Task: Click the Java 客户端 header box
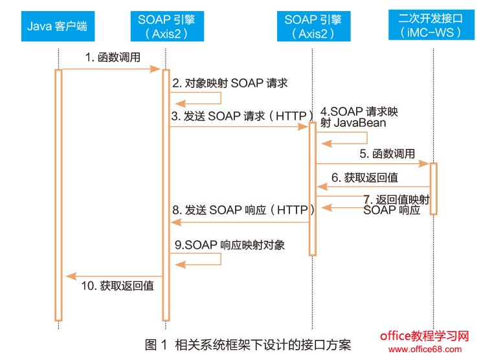pyautogui.click(x=58, y=27)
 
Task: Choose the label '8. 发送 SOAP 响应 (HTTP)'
pyautogui.click(x=243, y=210)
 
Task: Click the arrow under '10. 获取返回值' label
pyautogui.click(x=113, y=276)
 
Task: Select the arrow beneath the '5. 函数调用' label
pyautogui.click(x=372, y=164)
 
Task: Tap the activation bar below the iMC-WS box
pyautogui.click(x=433, y=188)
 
